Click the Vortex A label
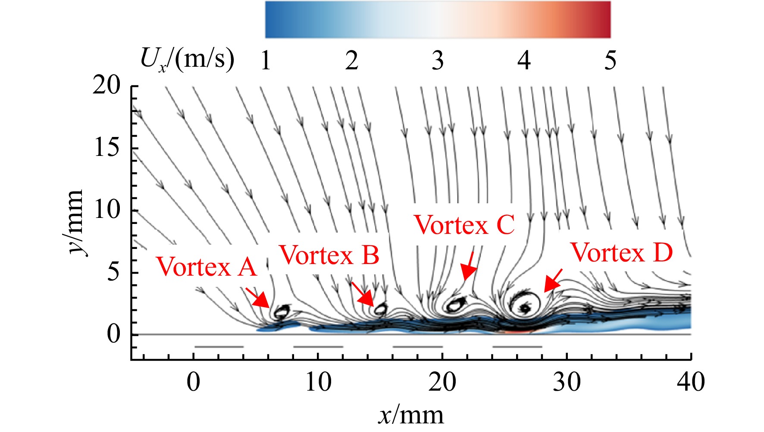(x=207, y=266)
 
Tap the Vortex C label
(x=464, y=224)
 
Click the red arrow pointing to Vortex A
(x=258, y=297)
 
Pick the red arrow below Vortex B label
(x=363, y=294)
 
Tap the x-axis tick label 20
(x=442, y=381)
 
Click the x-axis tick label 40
(x=691, y=381)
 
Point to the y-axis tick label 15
(x=106, y=148)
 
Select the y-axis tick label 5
(x=113, y=272)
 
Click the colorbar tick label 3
(x=438, y=60)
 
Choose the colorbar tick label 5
(x=610, y=60)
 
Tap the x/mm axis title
(x=411, y=415)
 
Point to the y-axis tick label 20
(x=106, y=86)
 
